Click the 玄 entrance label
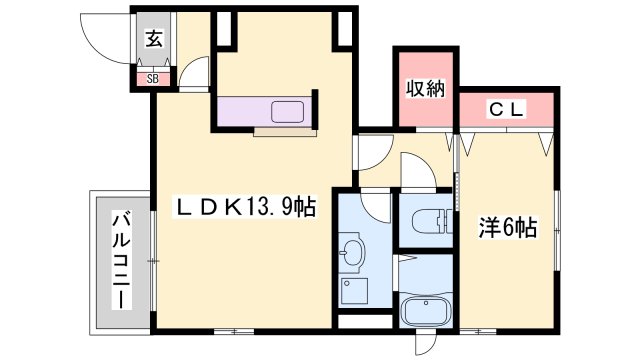point(154,40)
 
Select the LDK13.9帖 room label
point(246,207)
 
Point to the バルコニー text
point(120,258)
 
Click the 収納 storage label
point(423,89)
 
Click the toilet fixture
point(427,219)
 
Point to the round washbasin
point(351,252)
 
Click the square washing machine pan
point(354,293)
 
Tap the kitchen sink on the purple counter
point(291,112)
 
